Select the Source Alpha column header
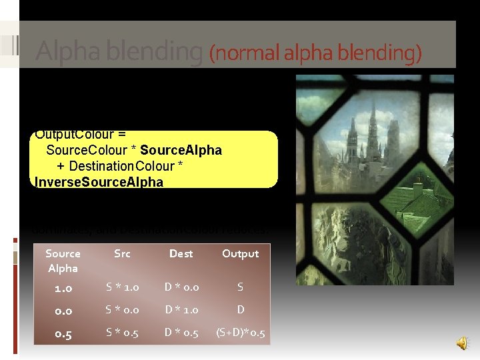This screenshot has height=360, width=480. tap(63, 261)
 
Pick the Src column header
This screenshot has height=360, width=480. tap(122, 253)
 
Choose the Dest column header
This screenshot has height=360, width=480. tap(181, 253)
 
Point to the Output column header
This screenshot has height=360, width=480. tap(240, 253)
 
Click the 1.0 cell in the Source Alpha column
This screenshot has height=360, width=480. tap(63, 288)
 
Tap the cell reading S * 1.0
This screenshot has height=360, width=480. tap(122, 288)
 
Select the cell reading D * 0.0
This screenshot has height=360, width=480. tap(181, 288)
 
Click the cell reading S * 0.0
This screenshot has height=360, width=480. tap(122, 310)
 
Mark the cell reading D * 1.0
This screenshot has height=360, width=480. tap(181, 310)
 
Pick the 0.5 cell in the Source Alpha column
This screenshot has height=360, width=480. tap(63, 333)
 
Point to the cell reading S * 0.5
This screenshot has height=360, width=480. tap(122, 333)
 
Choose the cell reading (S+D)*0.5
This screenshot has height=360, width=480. tap(240, 333)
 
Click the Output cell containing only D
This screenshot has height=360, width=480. tap(240, 310)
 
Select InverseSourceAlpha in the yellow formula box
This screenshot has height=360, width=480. tap(99, 182)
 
